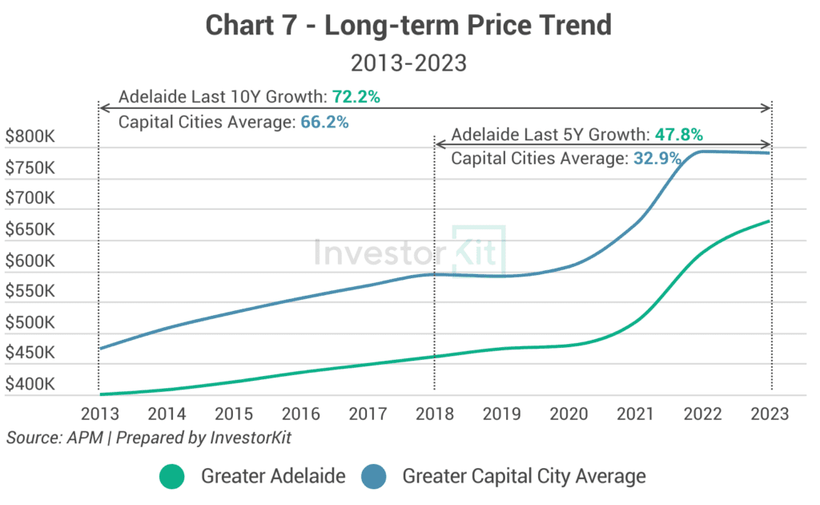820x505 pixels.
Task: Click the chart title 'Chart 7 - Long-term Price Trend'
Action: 408,26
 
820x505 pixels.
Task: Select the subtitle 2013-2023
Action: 409,63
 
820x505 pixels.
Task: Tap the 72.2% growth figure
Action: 356,98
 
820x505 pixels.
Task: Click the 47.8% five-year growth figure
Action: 679,134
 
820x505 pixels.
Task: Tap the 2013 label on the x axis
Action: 99,414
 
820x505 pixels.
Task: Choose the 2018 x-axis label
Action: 435,414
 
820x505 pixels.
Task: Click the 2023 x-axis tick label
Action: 770,414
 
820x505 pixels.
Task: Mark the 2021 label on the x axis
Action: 636,414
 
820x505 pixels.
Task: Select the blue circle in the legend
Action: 374,476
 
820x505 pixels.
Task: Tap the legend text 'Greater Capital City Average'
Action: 524,476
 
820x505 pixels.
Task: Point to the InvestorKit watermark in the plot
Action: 409,251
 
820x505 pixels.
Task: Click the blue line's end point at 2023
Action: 770,153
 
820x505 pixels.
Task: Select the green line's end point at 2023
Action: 770,220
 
